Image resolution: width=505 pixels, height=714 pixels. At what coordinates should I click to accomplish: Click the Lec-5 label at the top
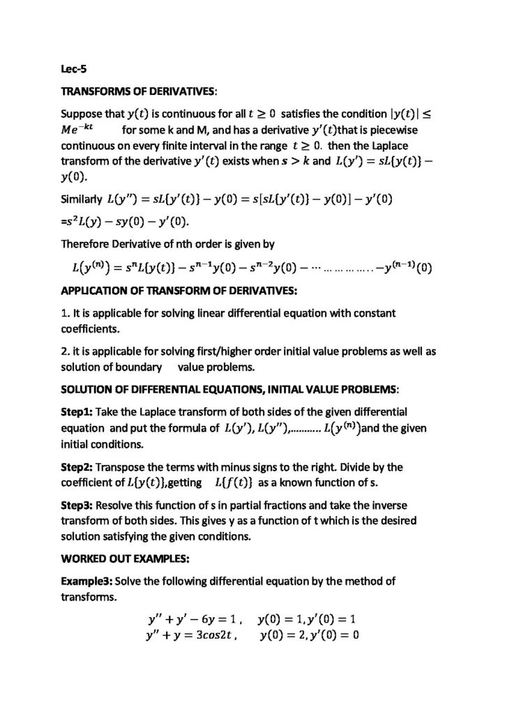click(x=74, y=69)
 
